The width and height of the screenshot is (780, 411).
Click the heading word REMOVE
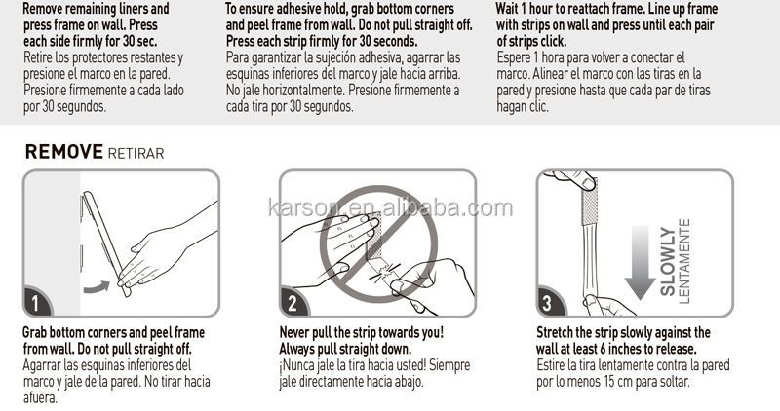click(64, 152)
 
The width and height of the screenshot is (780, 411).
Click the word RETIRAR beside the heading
click(136, 154)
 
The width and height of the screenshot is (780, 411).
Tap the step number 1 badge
click(36, 302)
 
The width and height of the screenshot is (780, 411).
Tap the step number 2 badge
click(292, 303)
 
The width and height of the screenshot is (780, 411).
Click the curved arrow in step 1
click(97, 287)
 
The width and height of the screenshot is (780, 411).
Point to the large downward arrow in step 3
click(640, 262)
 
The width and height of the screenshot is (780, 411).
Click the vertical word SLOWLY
click(668, 262)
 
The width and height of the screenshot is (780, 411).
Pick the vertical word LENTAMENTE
click(684, 261)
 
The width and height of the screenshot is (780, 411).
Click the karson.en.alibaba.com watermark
click(390, 207)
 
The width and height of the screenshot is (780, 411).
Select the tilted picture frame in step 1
click(106, 243)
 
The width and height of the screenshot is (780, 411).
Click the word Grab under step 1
click(35, 332)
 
